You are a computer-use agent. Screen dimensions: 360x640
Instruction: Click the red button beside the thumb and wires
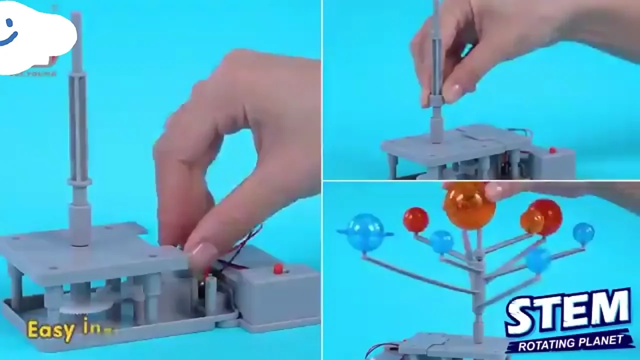coord(278,269)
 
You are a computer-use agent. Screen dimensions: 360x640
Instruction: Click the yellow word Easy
coord(51,330)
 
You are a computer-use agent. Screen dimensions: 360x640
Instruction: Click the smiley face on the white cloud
coord(8,33)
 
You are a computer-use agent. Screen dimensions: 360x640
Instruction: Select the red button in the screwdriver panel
coord(552,150)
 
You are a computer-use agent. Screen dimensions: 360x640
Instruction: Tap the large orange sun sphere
coord(469,206)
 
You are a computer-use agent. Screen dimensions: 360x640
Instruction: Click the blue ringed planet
coord(366,232)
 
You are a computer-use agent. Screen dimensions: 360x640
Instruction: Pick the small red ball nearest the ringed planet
coord(416,220)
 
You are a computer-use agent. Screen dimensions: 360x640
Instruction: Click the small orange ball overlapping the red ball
coord(530,221)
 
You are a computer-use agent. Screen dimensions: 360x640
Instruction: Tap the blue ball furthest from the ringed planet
coord(583,233)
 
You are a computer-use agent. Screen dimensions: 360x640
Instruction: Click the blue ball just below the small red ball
coord(441,242)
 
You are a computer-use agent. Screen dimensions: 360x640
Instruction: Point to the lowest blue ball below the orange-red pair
coord(538,260)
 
